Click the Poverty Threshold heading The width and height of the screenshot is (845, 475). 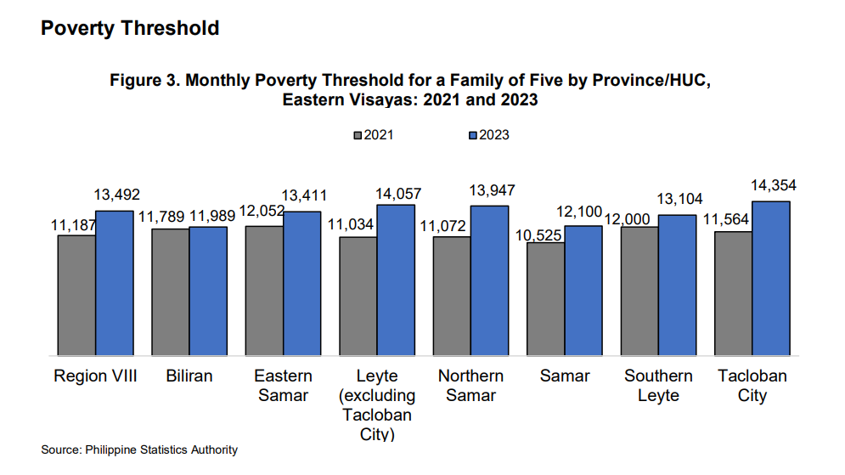pyautogui.click(x=130, y=28)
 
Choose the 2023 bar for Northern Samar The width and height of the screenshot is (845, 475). pyautogui.click(x=490, y=280)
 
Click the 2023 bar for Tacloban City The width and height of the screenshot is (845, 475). pyautogui.click(x=771, y=278)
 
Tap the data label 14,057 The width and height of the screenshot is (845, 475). pyautogui.click(x=397, y=194)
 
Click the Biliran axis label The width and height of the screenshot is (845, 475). pyautogui.click(x=189, y=376)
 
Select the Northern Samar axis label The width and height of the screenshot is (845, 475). pyautogui.click(x=470, y=385)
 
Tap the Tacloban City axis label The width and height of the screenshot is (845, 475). pyautogui.click(x=752, y=385)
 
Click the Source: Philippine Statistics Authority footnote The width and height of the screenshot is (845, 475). pyautogui.click(x=139, y=450)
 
